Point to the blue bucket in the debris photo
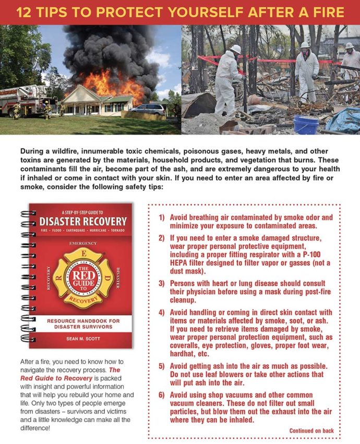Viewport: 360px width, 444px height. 306,125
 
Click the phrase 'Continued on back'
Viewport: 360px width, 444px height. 311,430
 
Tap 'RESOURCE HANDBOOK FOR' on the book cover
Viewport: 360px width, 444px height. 80,321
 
